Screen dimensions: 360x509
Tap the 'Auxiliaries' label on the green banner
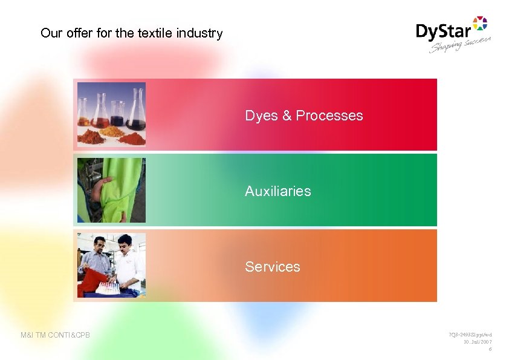pos(277,191)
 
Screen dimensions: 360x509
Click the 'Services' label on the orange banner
pos(272,267)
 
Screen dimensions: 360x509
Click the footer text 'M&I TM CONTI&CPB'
pos(55,335)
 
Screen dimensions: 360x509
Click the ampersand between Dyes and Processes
pos(287,116)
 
